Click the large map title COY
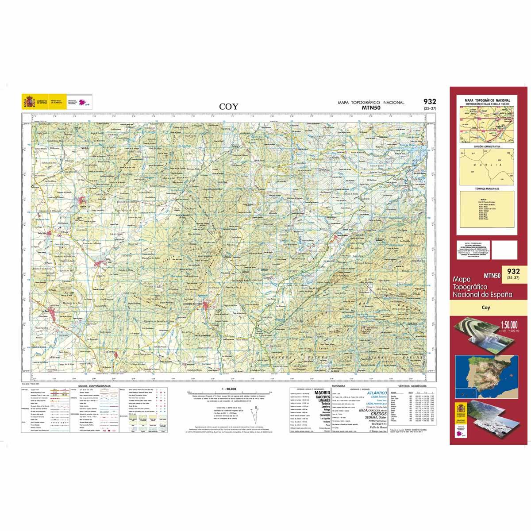click(x=229, y=106)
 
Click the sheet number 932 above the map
click(x=429, y=101)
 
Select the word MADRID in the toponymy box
click(x=322, y=392)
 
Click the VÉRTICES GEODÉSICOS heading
click(x=410, y=386)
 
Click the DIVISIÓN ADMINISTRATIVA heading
click(x=487, y=146)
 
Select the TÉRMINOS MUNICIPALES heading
click(x=487, y=189)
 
